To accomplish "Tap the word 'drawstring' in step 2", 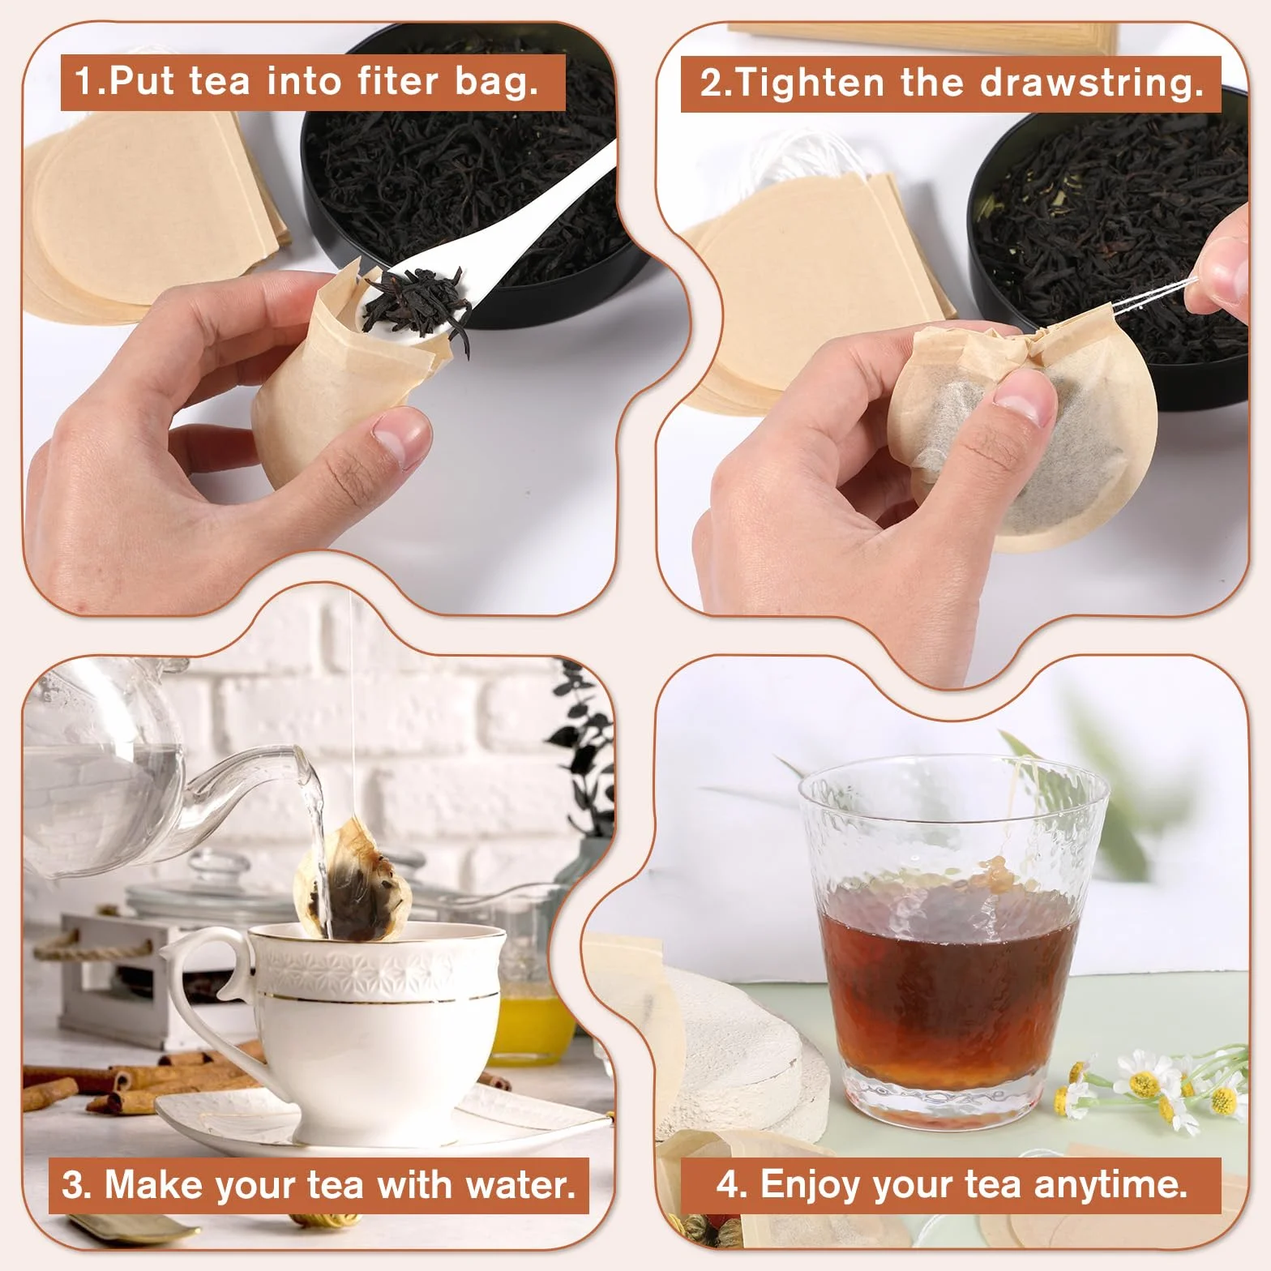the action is tap(1088, 83).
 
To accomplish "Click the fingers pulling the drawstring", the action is tap(1220, 280).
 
